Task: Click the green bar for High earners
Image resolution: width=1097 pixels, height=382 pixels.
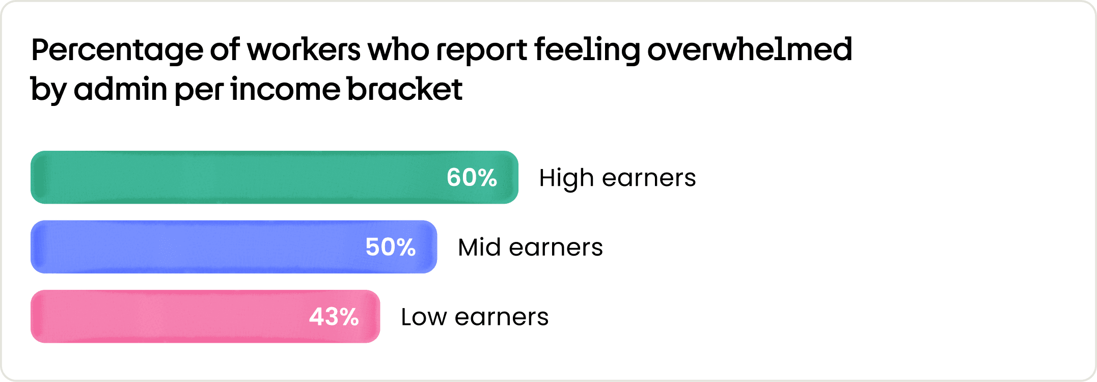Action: [275, 177]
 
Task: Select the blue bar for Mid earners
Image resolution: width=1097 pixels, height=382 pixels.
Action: [234, 247]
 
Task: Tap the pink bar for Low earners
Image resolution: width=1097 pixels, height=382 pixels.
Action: [205, 316]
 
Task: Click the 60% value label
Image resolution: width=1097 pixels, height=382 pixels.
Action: [472, 178]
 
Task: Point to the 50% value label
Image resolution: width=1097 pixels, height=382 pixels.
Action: [391, 247]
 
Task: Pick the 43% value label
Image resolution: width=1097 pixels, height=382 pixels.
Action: [334, 317]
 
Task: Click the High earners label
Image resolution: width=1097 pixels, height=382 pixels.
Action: [617, 178]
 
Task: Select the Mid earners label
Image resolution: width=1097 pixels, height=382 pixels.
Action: [530, 248]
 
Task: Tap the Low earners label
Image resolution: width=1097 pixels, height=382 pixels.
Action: [475, 317]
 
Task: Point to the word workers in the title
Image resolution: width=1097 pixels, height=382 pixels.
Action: [304, 50]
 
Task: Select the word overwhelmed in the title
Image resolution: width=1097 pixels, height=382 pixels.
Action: [750, 49]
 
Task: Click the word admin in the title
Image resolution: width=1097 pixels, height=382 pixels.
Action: [121, 89]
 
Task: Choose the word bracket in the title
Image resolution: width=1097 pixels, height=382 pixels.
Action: [405, 89]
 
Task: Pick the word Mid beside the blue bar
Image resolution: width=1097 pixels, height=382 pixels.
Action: [479, 248]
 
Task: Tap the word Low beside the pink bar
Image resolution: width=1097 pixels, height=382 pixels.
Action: [424, 317]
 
